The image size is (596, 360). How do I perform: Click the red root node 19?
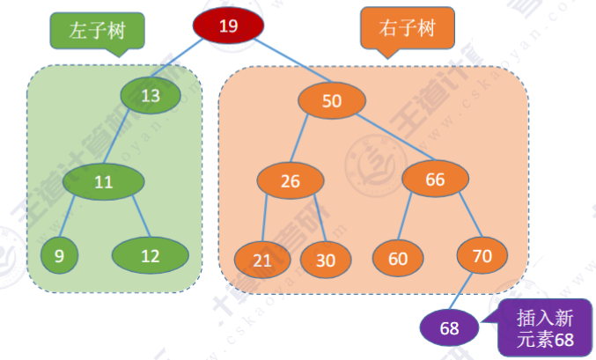pyautogui.click(x=228, y=26)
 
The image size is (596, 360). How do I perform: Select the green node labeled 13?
pyautogui.click(x=151, y=95)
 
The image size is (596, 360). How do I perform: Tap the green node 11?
pyautogui.click(x=103, y=183)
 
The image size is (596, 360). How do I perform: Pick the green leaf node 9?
pyautogui.click(x=59, y=256)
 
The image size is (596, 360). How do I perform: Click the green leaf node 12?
pyautogui.click(x=151, y=256)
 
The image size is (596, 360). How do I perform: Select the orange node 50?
pyautogui.click(x=331, y=101)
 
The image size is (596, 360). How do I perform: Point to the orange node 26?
pyautogui.click(x=291, y=181)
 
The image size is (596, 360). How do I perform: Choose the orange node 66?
pyautogui.click(x=435, y=180)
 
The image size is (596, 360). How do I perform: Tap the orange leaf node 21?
pyautogui.click(x=262, y=260)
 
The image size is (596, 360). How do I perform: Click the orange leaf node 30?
pyautogui.click(x=326, y=260)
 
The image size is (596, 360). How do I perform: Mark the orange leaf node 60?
pyautogui.click(x=398, y=259)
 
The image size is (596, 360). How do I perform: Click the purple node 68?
pyautogui.click(x=450, y=328)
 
